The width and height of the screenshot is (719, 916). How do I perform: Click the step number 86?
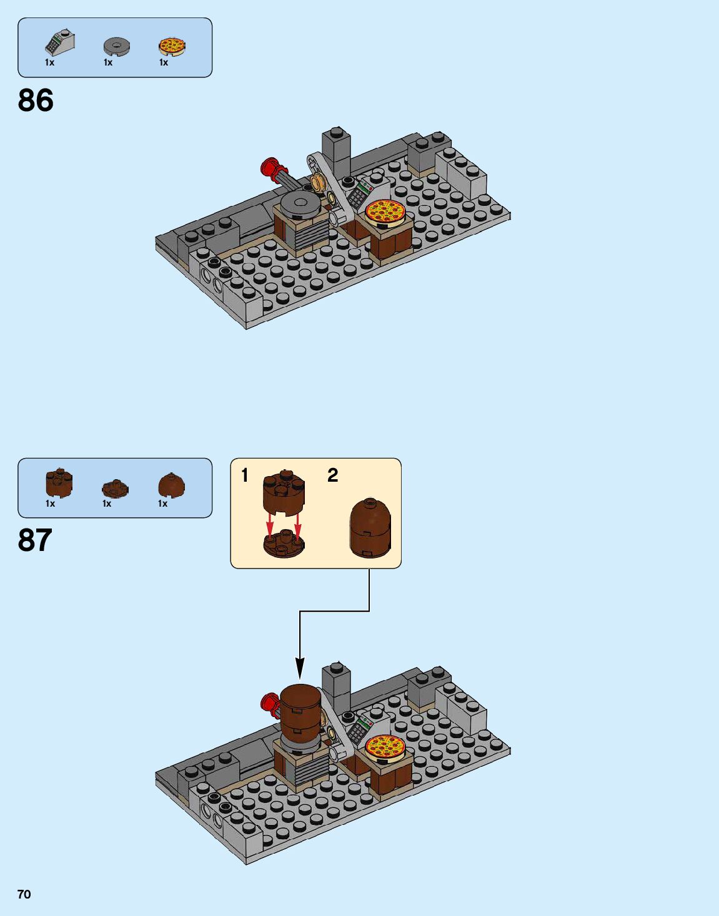coord(36,100)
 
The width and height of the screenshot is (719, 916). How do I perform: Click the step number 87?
coord(35,540)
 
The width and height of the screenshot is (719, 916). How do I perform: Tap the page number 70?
coord(24,894)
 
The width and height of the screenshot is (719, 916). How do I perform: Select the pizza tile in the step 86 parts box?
coord(171,46)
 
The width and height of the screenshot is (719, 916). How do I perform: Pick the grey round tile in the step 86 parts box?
coord(116,46)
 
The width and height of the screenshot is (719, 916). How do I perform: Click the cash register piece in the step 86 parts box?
coord(59,42)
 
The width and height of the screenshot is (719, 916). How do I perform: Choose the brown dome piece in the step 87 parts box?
coord(171,485)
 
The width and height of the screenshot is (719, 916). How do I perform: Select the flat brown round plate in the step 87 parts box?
coord(115,489)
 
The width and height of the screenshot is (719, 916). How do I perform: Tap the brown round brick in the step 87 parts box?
coord(59,482)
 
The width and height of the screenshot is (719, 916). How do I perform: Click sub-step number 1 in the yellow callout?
coord(245,475)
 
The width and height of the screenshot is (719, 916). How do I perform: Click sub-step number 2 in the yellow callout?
coord(332,475)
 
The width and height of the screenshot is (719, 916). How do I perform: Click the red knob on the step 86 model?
coord(270,167)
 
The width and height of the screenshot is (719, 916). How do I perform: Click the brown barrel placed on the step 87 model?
coord(301,711)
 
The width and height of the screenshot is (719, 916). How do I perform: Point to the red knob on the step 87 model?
coord(269,704)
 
